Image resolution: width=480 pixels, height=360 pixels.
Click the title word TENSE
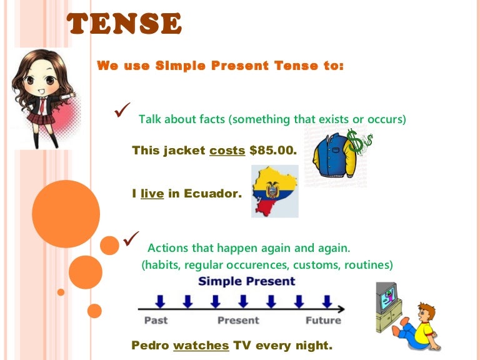click(x=124, y=24)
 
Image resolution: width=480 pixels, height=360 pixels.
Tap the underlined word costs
click(x=227, y=151)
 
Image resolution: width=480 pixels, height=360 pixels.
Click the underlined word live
click(x=152, y=194)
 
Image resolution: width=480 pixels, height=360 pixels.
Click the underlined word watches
click(x=201, y=345)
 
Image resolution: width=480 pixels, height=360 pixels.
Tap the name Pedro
click(x=151, y=345)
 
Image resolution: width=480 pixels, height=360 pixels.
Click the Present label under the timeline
click(x=237, y=321)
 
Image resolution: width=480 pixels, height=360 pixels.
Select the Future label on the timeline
click(x=323, y=321)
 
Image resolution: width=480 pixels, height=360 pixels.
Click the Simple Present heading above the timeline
click(x=246, y=282)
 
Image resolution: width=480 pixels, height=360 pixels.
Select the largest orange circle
click(x=65, y=214)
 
